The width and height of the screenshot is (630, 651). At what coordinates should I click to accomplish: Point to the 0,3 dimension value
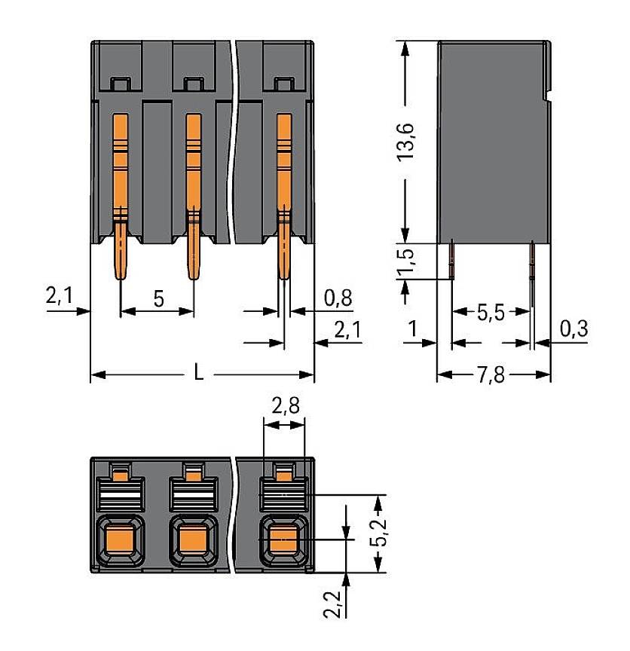click(x=574, y=329)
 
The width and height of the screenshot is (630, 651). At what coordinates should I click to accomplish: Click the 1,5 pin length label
click(x=407, y=261)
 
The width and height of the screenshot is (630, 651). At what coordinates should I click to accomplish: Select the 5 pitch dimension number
click(x=158, y=298)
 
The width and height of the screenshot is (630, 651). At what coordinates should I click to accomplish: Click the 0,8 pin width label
click(x=337, y=298)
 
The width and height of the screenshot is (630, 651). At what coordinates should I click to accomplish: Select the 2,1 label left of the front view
click(x=58, y=297)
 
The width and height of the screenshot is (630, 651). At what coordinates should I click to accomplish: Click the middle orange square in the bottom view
click(x=194, y=539)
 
